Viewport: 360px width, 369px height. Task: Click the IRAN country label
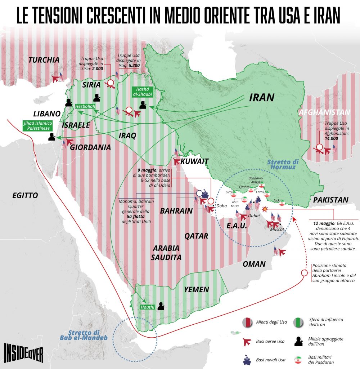262,97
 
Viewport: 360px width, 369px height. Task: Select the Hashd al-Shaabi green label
143,92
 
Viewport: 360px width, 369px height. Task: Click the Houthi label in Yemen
148,307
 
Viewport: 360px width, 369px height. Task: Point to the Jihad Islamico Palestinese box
37,125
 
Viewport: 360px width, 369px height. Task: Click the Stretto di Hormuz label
282,165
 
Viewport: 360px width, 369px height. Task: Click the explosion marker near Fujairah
265,209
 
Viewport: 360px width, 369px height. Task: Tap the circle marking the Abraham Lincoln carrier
304,272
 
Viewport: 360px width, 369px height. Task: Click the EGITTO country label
25,195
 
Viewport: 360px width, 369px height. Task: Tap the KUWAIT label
195,161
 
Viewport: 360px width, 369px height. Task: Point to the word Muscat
277,229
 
